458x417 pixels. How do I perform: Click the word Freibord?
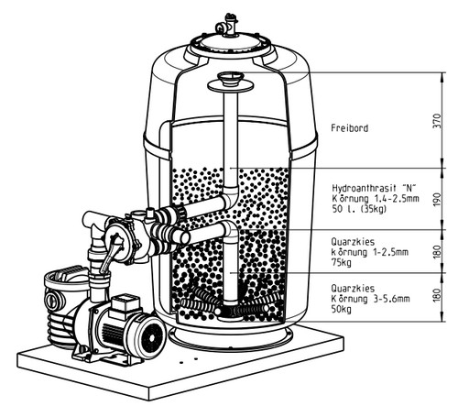click(350, 128)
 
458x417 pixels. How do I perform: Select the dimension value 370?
click(437, 121)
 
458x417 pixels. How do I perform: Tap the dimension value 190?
click(437, 199)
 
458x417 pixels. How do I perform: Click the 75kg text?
click(342, 262)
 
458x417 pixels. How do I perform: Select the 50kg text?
click(342, 309)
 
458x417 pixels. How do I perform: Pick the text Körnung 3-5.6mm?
click(370, 299)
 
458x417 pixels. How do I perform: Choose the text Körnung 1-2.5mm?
click(370, 252)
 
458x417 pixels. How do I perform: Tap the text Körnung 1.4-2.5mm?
click(376, 198)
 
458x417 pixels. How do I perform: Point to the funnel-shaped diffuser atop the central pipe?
click(231, 82)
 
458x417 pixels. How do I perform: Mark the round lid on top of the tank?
click(231, 44)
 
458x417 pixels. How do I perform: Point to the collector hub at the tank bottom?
click(230, 313)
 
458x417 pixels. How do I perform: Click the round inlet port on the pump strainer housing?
click(51, 298)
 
